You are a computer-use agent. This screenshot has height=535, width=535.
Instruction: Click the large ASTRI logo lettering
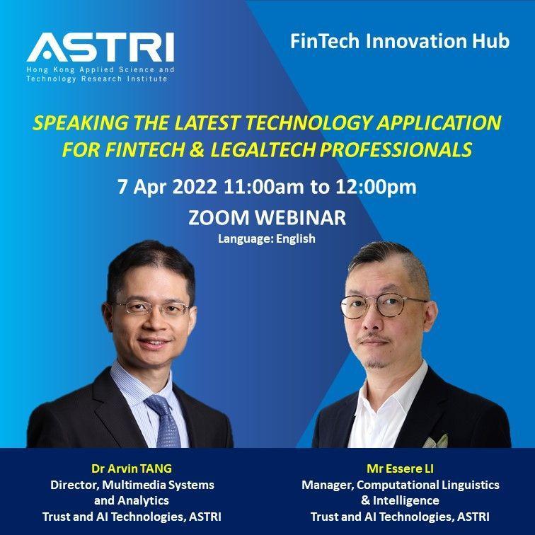point(100,47)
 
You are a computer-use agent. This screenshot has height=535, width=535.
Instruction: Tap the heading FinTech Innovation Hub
point(400,41)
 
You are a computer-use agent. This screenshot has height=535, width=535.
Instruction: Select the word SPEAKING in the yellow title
point(81,123)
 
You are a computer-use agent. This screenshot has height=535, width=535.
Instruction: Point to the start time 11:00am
point(263,187)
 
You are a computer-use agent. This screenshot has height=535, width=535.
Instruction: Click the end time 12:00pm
point(376,188)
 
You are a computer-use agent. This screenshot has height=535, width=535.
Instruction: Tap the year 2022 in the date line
point(194,187)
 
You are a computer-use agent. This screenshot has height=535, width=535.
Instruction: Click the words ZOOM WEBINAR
point(267,218)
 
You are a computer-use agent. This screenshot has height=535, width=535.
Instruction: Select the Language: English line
point(267,238)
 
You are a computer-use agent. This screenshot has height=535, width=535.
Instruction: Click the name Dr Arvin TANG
point(132,468)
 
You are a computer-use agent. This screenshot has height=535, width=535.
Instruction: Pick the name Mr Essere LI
point(400,468)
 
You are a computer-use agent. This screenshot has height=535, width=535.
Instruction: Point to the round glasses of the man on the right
point(384,306)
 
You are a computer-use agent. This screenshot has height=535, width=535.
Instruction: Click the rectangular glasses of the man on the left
point(151,308)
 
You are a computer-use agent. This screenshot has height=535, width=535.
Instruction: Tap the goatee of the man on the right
point(375,364)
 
